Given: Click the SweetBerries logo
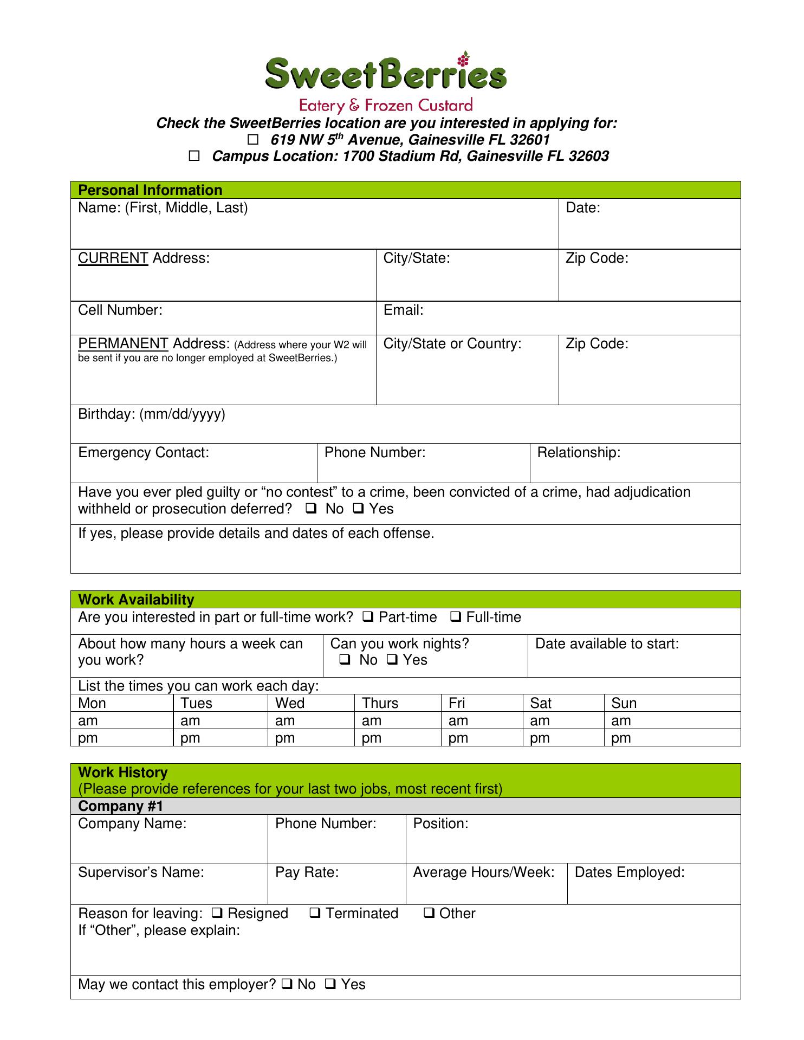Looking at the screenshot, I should click(386, 81).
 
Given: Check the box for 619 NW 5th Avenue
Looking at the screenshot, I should click(253, 140).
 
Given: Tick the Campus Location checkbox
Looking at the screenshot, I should click(194, 157).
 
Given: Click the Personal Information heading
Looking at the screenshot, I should click(150, 190).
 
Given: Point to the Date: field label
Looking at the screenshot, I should click(583, 208).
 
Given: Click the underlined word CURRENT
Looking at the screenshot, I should click(113, 258).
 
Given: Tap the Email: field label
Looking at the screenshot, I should click(403, 310).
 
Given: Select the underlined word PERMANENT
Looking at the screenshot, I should click(123, 343).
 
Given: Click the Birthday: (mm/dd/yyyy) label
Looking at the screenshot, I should click(151, 414).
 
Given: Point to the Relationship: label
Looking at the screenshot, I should click(578, 453).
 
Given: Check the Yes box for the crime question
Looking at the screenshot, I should click(359, 509).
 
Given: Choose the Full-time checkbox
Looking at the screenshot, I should click(456, 616).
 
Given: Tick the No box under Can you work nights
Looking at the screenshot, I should click(345, 660).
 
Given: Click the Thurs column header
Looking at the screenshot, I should click(380, 703).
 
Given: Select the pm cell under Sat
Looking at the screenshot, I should click(540, 738).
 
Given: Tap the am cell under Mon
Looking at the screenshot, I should click(88, 721).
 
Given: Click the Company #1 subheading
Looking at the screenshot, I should click(120, 806).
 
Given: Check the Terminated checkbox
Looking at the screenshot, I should click(315, 913).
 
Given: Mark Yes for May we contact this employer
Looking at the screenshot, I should click(330, 984).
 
